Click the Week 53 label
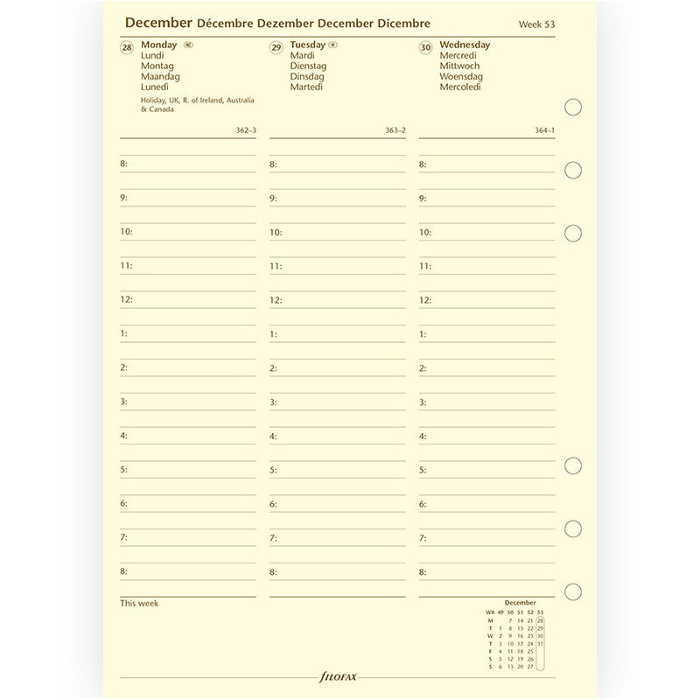(x=537, y=24)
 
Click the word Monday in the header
(x=158, y=45)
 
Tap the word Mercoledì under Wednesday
(x=461, y=87)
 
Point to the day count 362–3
(x=246, y=130)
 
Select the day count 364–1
(x=545, y=130)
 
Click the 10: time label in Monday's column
(x=126, y=232)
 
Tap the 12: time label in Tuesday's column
(x=276, y=300)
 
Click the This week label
(x=139, y=603)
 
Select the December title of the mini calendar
(x=520, y=602)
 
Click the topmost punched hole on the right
(x=574, y=107)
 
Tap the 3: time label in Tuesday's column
(x=273, y=402)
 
